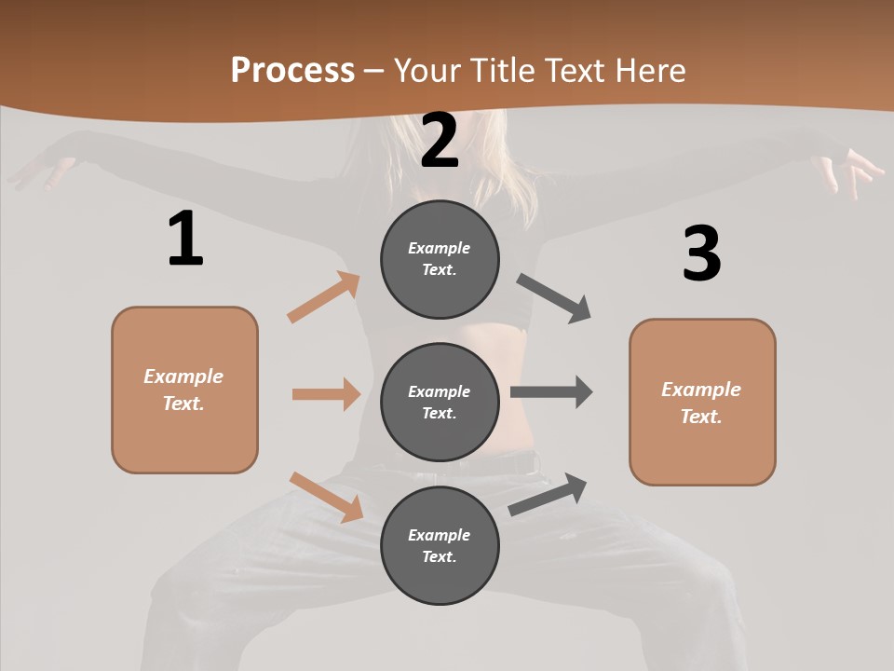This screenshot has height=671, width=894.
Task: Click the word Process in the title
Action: [292, 71]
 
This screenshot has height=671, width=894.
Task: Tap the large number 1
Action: [185, 240]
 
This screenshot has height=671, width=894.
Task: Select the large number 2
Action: [440, 141]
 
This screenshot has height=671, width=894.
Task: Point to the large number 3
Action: [701, 253]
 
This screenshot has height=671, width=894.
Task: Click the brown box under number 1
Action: [184, 390]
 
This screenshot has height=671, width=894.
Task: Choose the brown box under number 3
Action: [702, 402]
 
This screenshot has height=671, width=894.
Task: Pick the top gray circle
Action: [440, 259]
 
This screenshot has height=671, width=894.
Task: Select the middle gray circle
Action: [440, 402]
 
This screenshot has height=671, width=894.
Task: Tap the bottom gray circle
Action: [440, 545]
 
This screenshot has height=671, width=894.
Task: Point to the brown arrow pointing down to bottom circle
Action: [326, 497]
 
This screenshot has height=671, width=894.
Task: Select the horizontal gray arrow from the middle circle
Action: [551, 392]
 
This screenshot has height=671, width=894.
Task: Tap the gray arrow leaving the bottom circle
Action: [548, 495]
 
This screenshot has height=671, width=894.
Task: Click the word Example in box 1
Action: [183, 377]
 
